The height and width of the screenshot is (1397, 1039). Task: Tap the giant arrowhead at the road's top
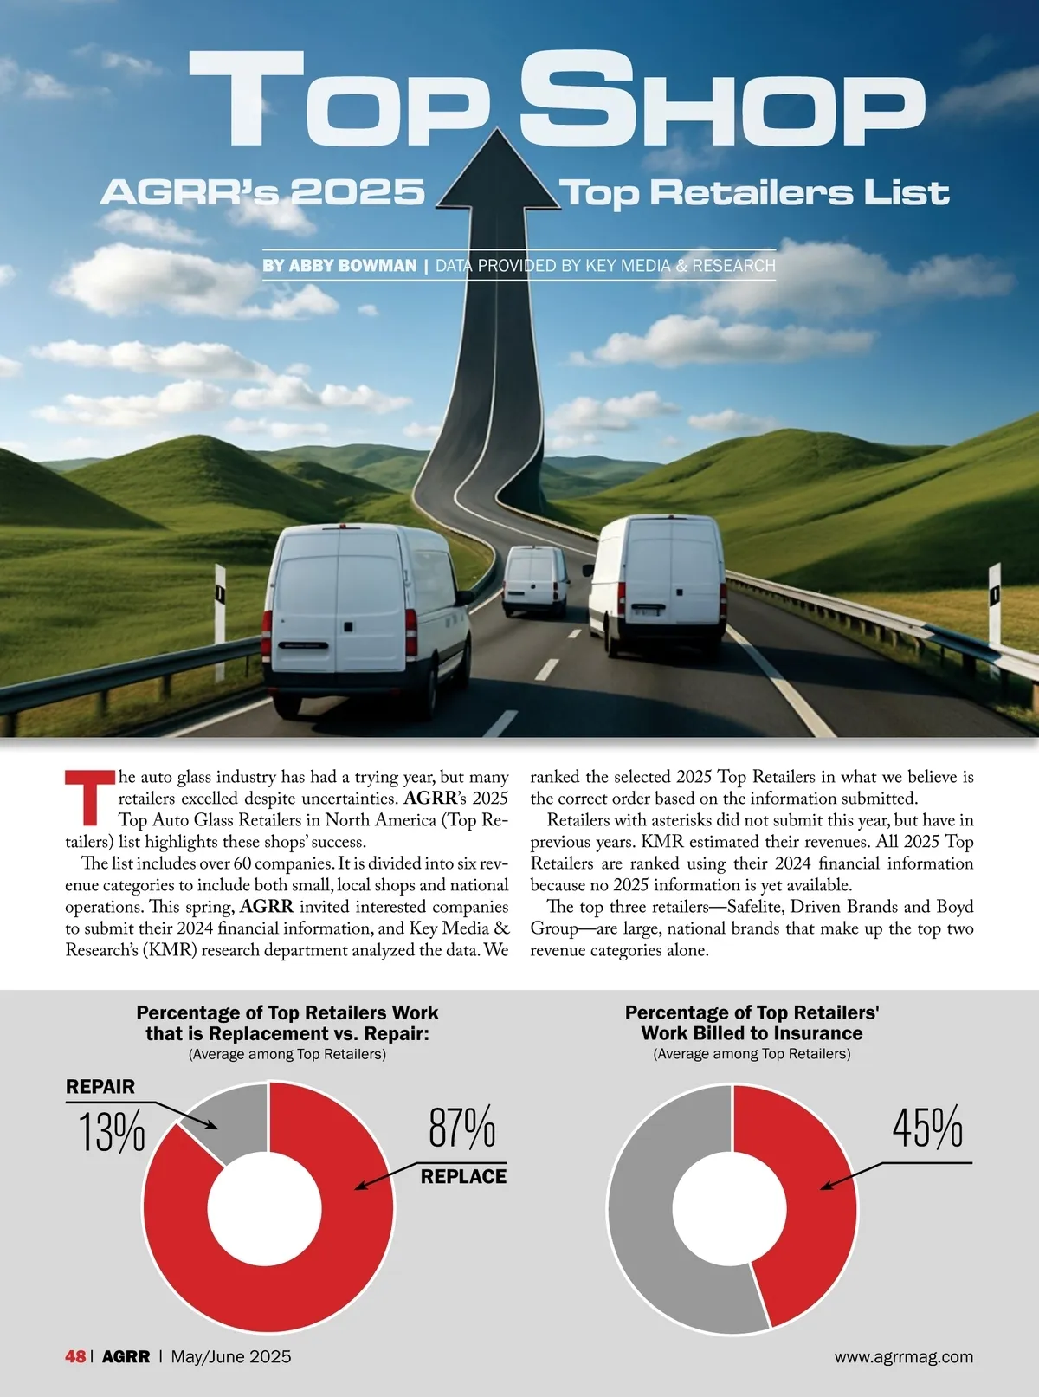498,173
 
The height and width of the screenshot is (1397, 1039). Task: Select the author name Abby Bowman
339,266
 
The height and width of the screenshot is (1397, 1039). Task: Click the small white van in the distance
536,580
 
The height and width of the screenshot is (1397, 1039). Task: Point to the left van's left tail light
267,631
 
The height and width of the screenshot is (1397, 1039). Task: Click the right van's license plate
648,612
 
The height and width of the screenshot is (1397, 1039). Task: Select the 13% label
112,1132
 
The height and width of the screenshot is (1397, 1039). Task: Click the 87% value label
462,1127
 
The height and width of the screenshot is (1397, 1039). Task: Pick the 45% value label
927,1127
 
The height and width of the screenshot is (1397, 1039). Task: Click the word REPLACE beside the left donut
463,1176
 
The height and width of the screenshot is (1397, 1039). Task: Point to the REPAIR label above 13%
100,1087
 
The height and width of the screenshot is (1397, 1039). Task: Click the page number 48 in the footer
75,1356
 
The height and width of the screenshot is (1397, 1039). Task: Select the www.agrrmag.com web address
903,1356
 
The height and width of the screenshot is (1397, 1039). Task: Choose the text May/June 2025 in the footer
231,1356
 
